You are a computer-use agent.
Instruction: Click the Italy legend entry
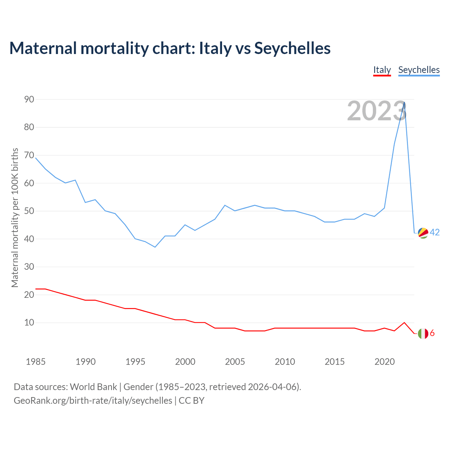point(382,70)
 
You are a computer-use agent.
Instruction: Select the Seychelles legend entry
point(419,70)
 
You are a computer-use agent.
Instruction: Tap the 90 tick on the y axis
point(29,99)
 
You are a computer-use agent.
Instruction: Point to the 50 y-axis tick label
point(29,211)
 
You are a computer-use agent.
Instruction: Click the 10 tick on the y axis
point(29,322)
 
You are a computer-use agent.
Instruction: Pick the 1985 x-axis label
point(35,362)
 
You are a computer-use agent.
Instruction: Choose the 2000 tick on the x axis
point(185,362)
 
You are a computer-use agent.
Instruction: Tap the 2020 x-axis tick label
point(384,362)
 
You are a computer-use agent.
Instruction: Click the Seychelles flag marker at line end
point(423,233)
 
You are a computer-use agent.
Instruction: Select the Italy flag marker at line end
point(423,333)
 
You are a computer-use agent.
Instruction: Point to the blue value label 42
point(435,232)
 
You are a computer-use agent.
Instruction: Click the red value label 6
point(432,333)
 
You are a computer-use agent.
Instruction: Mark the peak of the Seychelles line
point(404,102)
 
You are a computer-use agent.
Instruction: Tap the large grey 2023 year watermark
point(377,111)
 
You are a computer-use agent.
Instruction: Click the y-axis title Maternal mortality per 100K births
point(15,217)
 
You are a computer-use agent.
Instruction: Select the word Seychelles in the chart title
point(292,48)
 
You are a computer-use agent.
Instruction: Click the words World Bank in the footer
point(93,387)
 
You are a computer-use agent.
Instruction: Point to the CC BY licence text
point(192,401)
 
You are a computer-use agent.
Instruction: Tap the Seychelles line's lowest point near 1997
point(155,247)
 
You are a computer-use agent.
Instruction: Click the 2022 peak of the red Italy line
point(404,322)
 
